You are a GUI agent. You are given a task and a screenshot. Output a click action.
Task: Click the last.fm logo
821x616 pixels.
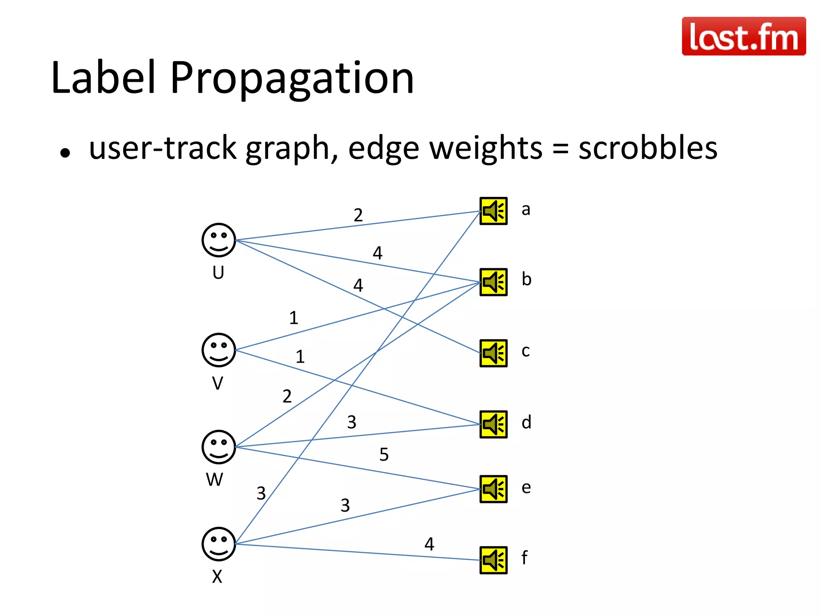tap(744, 36)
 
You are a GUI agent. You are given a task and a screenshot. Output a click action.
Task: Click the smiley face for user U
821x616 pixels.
tap(218, 240)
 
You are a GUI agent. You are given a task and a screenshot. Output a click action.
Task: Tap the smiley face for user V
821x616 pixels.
tap(218, 350)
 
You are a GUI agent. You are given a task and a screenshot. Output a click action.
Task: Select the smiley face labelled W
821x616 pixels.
tap(218, 447)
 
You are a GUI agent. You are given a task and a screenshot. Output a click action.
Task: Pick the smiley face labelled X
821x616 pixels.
tap(218, 544)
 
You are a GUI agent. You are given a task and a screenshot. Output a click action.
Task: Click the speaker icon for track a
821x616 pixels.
tap(493, 211)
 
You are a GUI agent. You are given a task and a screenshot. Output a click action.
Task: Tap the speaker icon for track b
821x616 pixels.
tap(493, 282)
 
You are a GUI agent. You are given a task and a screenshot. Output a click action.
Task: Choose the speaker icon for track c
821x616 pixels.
tap(493, 353)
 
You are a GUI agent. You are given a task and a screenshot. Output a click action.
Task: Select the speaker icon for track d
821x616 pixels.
tap(493, 424)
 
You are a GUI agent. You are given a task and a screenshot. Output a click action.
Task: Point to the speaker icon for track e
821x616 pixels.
tap(493, 489)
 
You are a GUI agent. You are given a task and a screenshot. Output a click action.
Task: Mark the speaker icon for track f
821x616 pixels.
tap(493, 560)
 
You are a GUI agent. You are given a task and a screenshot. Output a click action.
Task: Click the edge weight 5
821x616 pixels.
tap(384, 454)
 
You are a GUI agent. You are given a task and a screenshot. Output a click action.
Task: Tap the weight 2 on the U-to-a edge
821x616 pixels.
tap(358, 215)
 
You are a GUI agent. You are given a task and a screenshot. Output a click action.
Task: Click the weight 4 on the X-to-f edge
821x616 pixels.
tap(429, 544)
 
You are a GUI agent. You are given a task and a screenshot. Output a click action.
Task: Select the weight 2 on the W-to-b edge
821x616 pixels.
tap(287, 396)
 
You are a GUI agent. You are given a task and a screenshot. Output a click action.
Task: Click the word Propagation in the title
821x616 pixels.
tap(292, 78)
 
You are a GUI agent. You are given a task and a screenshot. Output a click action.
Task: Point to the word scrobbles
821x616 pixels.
tap(648, 148)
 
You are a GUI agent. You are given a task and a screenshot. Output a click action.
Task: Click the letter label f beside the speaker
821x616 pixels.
tap(524, 557)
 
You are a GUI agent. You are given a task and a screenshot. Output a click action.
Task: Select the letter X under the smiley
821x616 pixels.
tap(217, 577)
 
